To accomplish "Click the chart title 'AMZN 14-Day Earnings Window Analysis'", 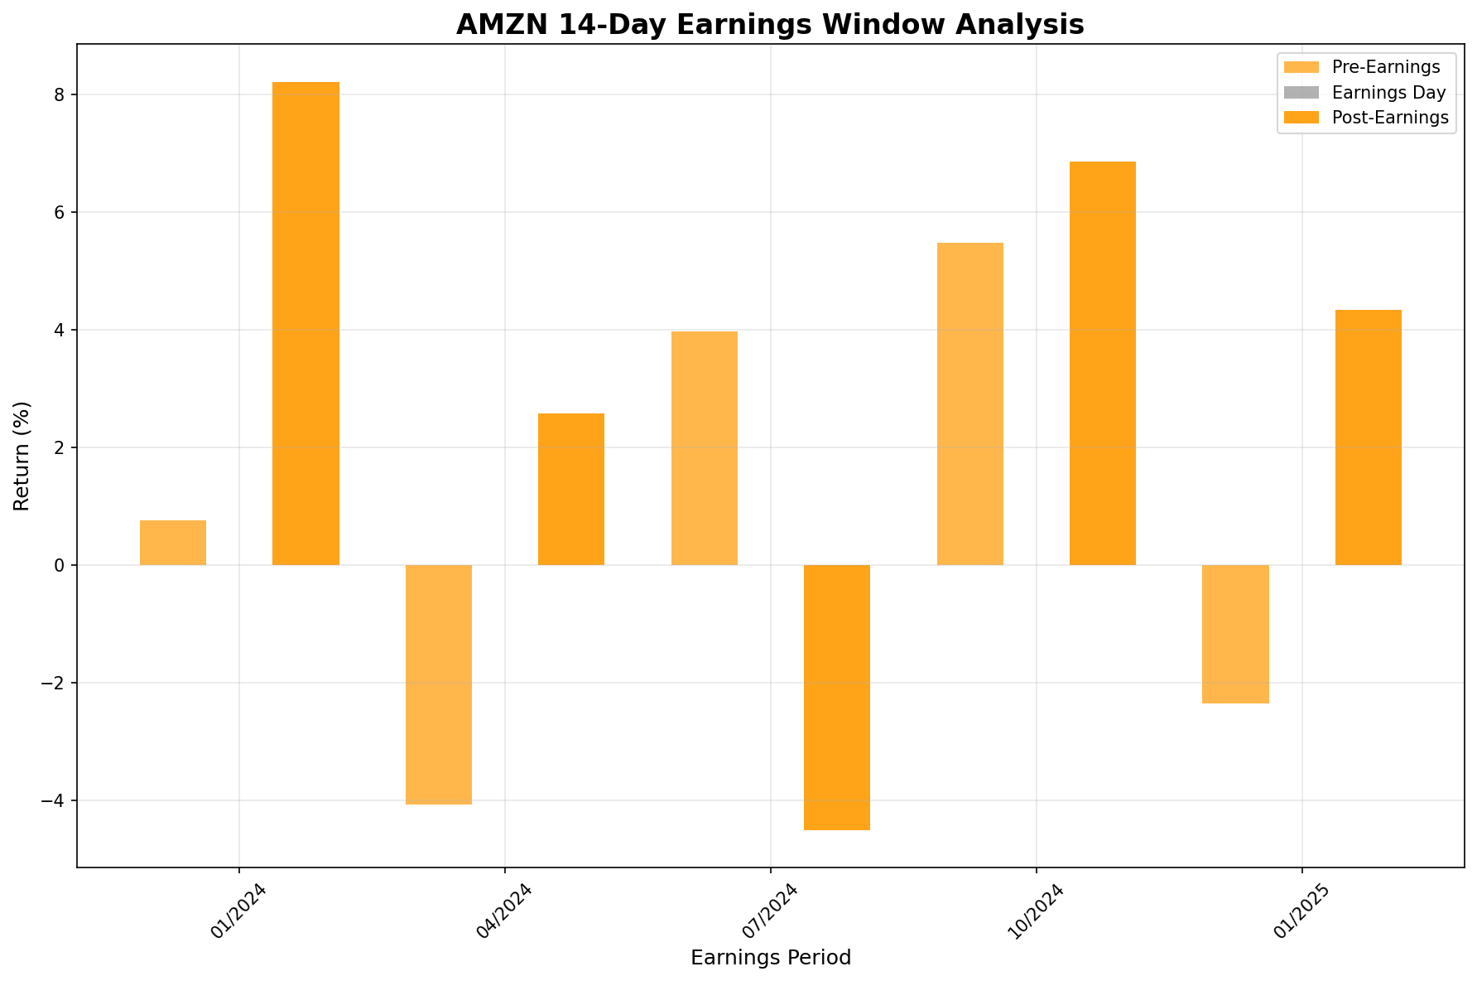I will tap(770, 25).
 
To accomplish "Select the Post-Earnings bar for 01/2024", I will tap(306, 323).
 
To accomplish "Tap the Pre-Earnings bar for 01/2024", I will tap(173, 543).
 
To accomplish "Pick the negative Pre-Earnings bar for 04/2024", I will tap(439, 684).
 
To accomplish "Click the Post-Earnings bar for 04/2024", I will tap(571, 489).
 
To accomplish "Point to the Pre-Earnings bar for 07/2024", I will tap(705, 448).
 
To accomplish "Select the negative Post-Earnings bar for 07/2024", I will tap(837, 697).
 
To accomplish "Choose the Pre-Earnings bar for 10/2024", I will tap(970, 404).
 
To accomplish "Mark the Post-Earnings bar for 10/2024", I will tap(1103, 363).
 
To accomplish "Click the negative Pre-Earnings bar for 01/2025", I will tap(1235, 634).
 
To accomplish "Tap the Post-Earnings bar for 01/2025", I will tap(1369, 437).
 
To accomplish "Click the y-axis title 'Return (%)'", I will tap(22, 456).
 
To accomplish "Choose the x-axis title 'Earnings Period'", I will tap(770, 958).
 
